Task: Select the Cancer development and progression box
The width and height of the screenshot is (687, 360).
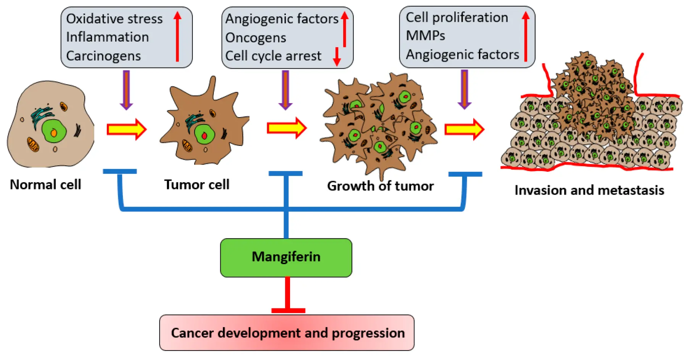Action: [287, 333]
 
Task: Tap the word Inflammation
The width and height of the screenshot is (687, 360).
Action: [107, 37]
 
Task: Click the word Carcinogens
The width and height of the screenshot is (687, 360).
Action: [103, 56]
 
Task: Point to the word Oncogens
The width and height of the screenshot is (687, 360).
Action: [255, 38]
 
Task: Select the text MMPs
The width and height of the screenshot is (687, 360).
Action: [425, 36]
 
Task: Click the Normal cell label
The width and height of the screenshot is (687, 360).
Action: [45, 184]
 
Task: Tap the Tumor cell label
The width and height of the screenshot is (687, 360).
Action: [197, 184]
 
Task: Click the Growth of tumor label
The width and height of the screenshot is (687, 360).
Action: [380, 186]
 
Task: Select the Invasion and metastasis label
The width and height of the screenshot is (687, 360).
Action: [589, 190]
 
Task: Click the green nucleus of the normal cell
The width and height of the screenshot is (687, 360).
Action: [53, 131]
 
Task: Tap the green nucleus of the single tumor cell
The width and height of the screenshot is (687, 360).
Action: [204, 134]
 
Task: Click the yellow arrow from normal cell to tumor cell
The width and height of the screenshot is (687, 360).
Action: [126, 129]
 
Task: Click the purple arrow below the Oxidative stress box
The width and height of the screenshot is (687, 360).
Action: [126, 90]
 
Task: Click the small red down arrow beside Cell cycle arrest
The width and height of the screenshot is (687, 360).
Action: [337, 56]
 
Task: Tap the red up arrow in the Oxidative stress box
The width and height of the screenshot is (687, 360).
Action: [177, 36]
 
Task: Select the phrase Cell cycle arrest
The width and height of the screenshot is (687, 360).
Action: [273, 56]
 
